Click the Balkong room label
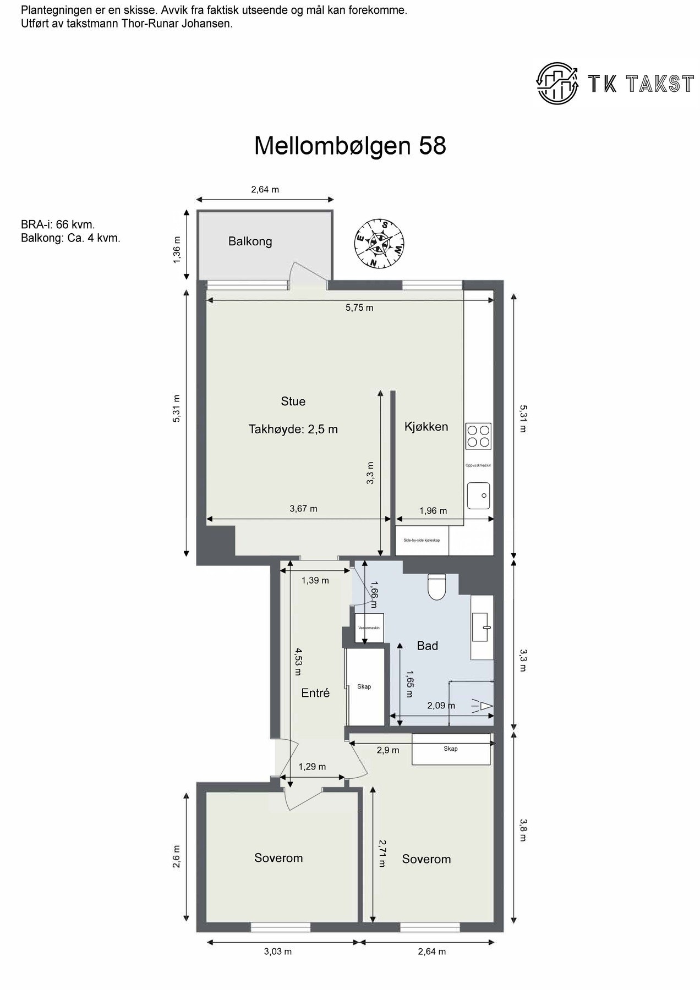click(x=250, y=241)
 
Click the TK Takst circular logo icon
click(x=557, y=83)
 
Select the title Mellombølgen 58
click(x=349, y=146)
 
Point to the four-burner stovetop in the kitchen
click(x=478, y=436)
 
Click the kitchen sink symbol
click(x=478, y=496)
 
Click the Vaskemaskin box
click(x=369, y=628)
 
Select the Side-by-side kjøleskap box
click(x=422, y=541)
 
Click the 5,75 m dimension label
click(x=359, y=308)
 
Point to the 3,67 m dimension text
click(x=303, y=509)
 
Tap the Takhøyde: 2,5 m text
click(x=293, y=429)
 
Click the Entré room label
click(x=315, y=693)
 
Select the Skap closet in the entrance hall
click(x=364, y=686)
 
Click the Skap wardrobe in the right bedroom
click(x=451, y=749)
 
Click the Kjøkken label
click(x=426, y=427)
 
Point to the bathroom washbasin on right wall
click(x=483, y=627)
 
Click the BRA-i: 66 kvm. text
click(x=58, y=225)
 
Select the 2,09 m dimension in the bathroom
click(x=441, y=706)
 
